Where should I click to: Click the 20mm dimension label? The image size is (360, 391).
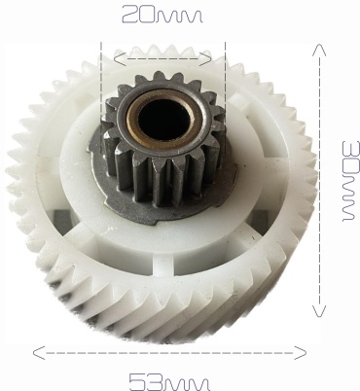point(162,15)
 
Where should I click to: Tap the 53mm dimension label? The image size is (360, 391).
point(169,382)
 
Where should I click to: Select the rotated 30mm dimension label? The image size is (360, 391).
point(351,181)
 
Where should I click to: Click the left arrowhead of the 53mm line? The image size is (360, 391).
point(39,353)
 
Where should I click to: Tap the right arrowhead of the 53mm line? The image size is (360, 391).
point(301,353)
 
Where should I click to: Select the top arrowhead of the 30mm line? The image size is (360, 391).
point(319,50)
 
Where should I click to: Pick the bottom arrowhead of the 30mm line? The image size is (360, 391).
point(319,311)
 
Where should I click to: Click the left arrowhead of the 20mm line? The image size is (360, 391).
point(120,58)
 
